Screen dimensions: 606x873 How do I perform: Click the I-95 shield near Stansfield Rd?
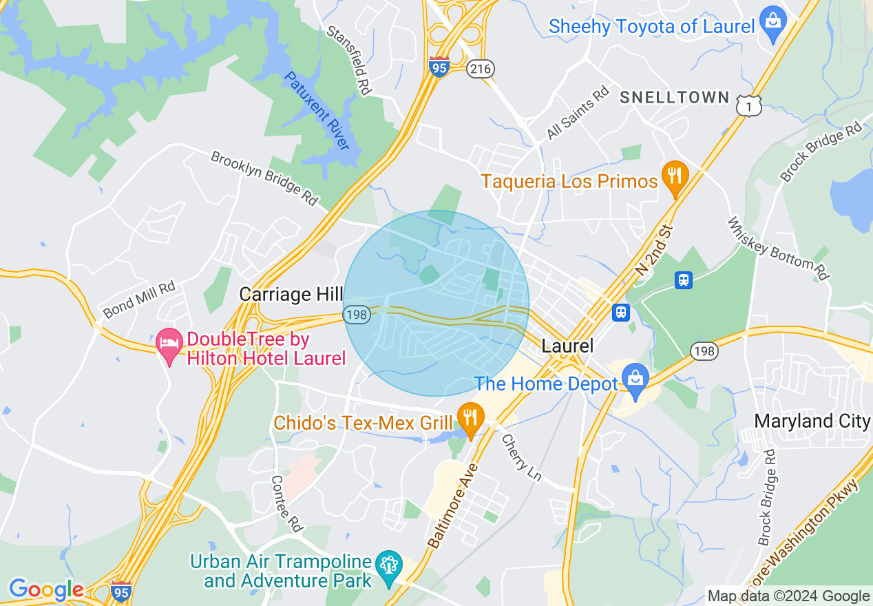(439, 67)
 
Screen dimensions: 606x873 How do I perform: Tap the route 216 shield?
(480, 68)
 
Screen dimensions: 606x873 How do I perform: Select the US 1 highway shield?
(748, 105)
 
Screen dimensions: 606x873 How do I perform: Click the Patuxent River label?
(317, 111)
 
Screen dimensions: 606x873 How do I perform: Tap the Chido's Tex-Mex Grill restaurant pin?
(470, 419)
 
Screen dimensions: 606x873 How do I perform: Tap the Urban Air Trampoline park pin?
(389, 567)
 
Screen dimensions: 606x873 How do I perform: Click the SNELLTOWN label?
(674, 97)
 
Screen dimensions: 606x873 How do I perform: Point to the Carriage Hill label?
(291, 295)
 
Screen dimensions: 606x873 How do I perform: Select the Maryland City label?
(812, 421)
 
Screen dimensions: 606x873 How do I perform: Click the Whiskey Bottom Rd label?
(778, 249)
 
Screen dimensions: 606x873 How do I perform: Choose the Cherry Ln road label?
(520, 457)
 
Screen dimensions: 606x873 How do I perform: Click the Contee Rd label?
(287, 503)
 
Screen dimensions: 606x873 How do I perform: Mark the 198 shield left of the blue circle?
(357, 315)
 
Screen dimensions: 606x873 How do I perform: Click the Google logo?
(46, 589)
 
